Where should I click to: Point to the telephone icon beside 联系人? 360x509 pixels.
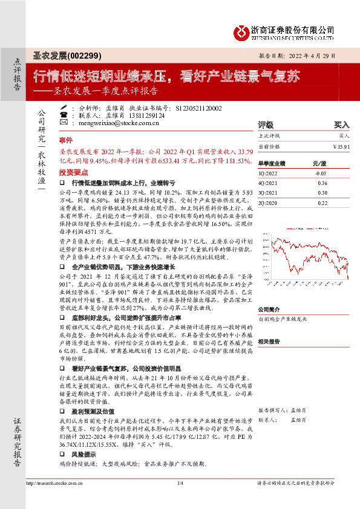64,115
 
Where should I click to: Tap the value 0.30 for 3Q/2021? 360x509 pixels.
322,192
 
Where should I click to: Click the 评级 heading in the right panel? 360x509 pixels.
266,125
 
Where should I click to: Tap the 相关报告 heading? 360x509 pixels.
269,342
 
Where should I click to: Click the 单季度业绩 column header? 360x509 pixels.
272,164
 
